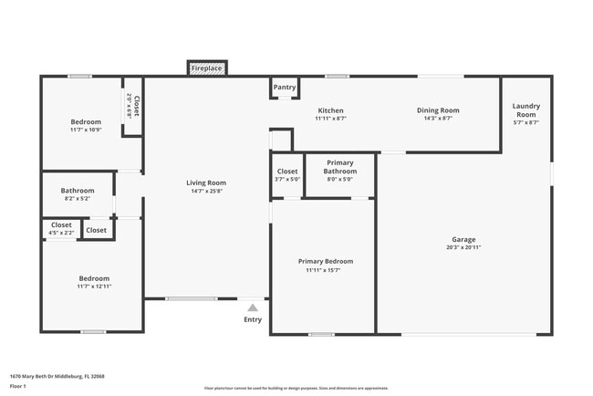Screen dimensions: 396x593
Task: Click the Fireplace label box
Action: coord(207,68)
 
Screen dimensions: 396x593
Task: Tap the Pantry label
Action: coord(285,88)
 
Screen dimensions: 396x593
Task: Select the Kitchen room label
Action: coord(330,110)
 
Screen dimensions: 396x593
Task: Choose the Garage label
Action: coord(463,240)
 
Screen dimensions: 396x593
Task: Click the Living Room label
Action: coord(206,183)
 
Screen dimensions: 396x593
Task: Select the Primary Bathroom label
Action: coord(340,167)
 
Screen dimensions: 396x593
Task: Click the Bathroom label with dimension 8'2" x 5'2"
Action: coord(78,191)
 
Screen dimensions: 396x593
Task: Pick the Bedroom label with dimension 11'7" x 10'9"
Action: coord(86,121)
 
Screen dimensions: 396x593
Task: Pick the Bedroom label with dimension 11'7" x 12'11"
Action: coord(94,278)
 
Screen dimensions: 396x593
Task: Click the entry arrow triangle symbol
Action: coord(253,307)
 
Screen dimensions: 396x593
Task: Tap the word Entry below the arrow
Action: coord(253,319)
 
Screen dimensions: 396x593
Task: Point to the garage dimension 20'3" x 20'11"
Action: coord(463,248)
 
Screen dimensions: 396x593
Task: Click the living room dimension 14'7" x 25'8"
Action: coord(206,191)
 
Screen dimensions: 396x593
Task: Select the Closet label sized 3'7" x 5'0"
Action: coord(287,171)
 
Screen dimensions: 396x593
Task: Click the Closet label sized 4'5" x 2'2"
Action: coord(61,225)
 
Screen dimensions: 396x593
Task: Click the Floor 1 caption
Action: coord(17,387)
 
